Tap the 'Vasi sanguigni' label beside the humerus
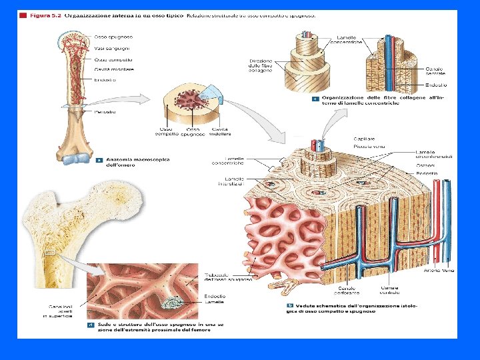(x=111, y=48)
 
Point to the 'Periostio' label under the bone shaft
(x=105, y=111)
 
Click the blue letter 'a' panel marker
(x=99, y=160)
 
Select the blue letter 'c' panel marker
(x=315, y=98)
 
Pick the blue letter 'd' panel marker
(x=90, y=325)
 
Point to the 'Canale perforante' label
(x=347, y=290)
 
